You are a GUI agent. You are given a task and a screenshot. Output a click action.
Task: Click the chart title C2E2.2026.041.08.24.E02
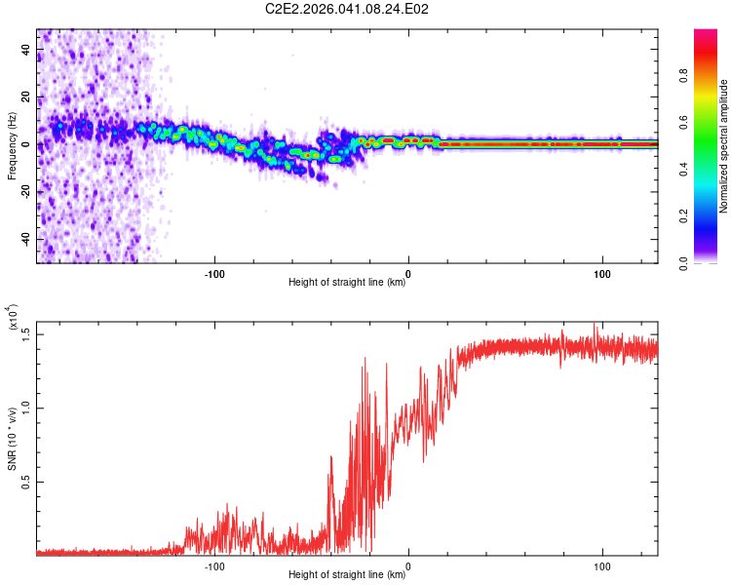coord(348,9)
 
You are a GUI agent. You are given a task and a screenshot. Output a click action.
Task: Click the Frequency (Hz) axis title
coord(12,145)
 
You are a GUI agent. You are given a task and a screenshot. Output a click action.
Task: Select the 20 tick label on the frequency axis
coord(27,97)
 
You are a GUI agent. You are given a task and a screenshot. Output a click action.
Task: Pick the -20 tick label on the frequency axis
coord(25,192)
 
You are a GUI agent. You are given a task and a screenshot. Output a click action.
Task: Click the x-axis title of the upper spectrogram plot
coord(347,283)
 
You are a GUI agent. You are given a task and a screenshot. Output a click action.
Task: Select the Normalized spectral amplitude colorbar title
coord(725,146)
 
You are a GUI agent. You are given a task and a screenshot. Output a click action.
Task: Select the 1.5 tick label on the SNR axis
coord(26,334)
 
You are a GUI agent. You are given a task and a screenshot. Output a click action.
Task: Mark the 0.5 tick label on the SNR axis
coord(26,483)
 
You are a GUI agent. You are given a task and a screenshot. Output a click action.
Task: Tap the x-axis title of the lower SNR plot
coord(347,575)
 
